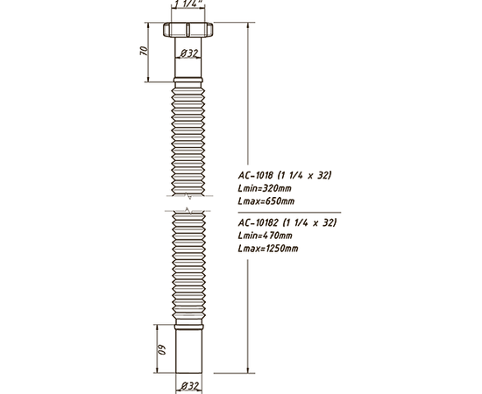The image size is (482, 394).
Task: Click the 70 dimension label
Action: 144,51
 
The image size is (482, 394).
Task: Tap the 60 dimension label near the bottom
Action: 162,349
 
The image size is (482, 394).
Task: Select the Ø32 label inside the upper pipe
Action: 188,53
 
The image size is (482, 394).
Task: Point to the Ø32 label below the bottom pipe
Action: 189,386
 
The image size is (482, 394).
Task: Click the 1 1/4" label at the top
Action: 188,4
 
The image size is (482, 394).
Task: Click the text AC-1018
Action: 255,175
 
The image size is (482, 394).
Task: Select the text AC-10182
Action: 259,222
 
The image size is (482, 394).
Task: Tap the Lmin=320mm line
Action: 265,188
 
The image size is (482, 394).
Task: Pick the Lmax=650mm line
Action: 266,201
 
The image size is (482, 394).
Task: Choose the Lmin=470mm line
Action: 265,236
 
